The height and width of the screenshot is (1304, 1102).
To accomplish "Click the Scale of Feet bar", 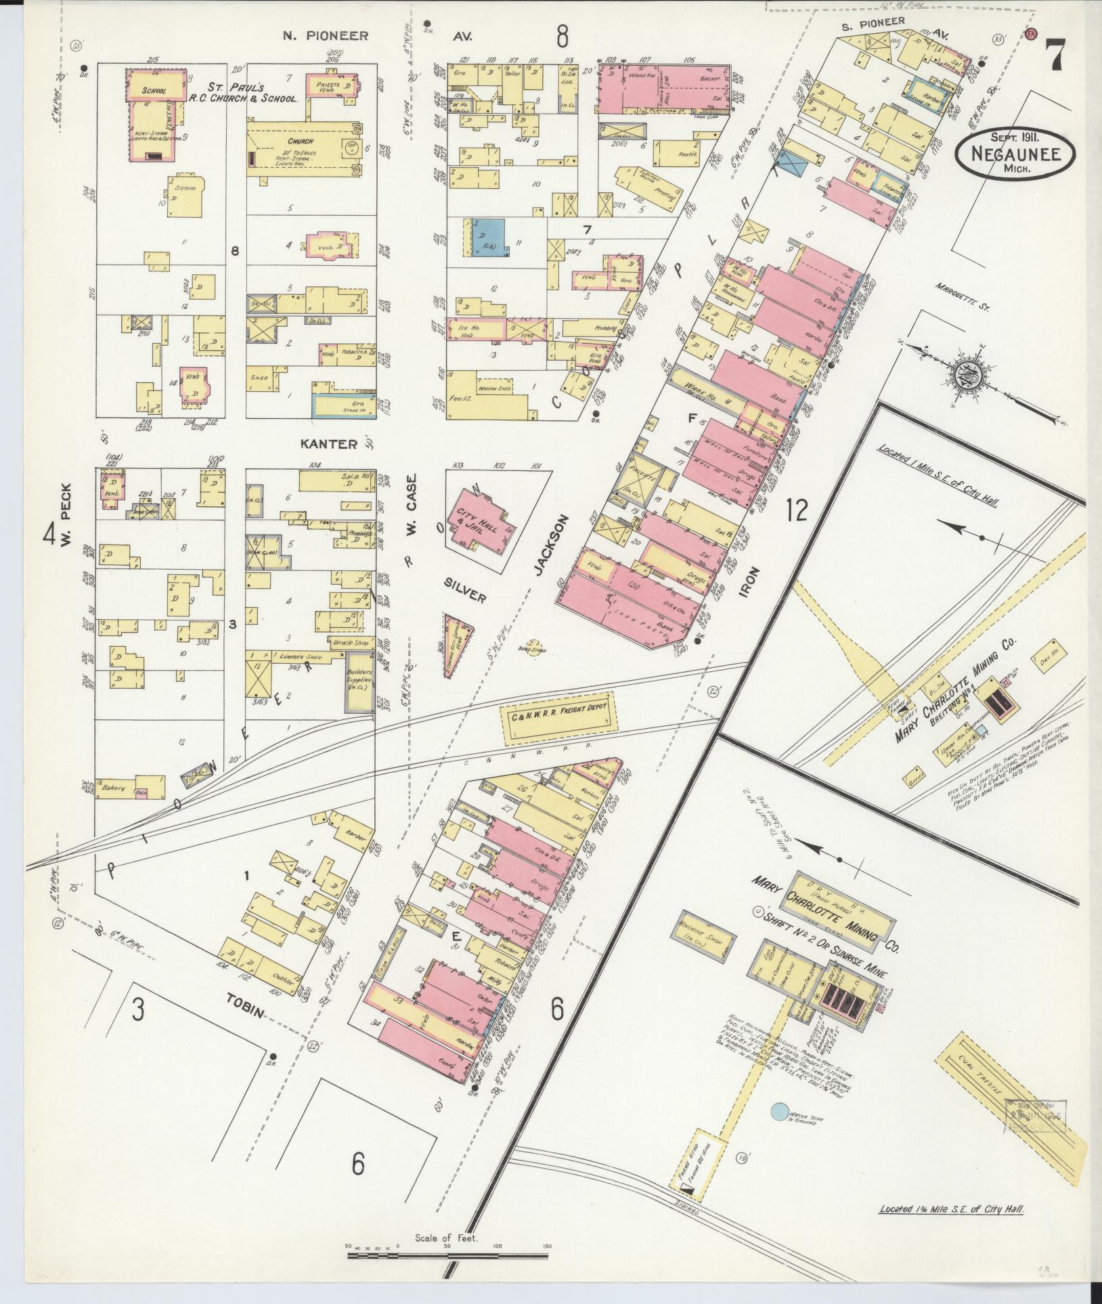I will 447,1255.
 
